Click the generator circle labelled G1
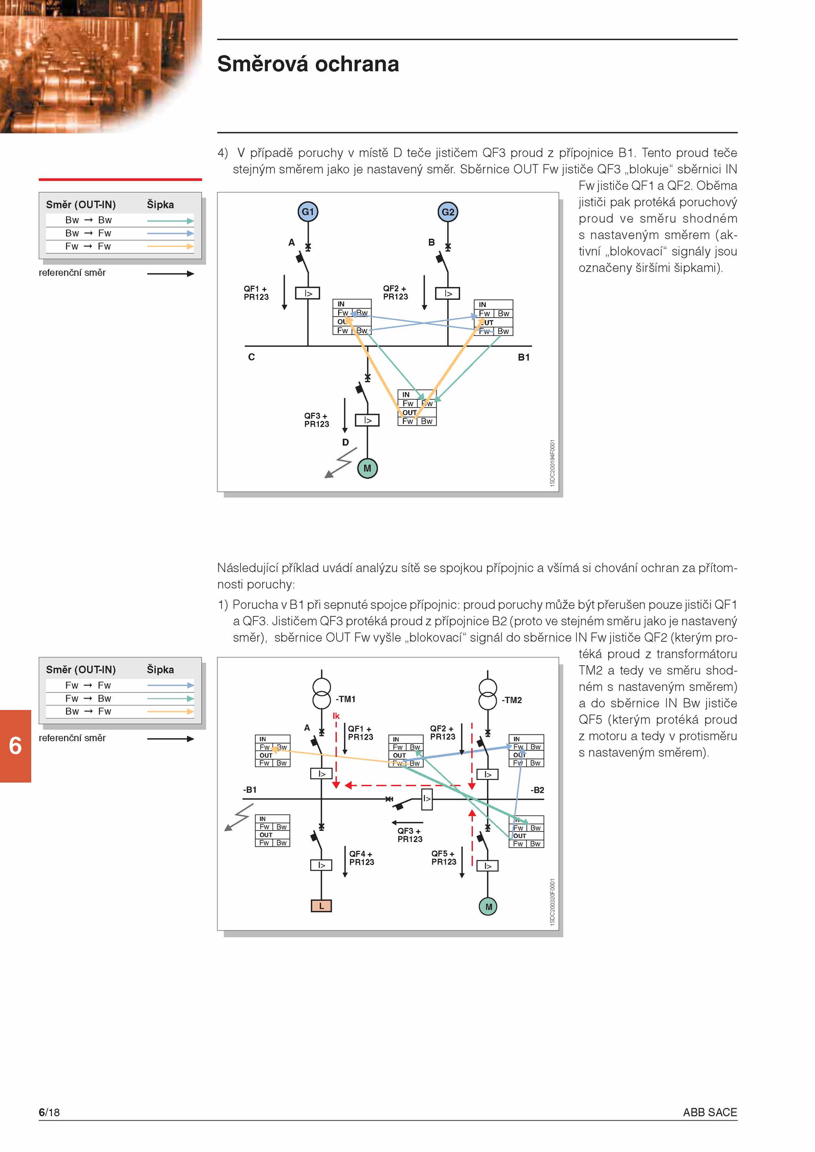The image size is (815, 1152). (308, 212)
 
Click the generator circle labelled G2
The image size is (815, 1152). (448, 212)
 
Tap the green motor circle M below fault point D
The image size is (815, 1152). (367, 468)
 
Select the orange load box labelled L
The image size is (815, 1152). (321, 906)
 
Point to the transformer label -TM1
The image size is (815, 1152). (345, 699)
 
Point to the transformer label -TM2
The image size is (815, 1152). (511, 700)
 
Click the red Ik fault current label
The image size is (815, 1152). (336, 716)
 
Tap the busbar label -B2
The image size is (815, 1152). (537, 790)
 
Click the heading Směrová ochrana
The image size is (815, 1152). (308, 64)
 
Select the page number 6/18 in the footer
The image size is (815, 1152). (49, 1112)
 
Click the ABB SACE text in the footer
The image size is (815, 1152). (710, 1112)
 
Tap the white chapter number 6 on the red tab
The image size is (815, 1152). (15, 746)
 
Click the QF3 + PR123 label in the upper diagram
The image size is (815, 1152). (317, 420)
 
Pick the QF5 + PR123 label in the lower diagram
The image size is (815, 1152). (444, 858)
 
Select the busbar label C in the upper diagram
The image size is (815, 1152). (251, 357)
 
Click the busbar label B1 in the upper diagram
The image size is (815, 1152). (524, 357)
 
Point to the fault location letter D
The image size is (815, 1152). (345, 442)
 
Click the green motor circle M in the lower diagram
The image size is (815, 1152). (488, 907)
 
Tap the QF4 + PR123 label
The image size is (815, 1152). (362, 858)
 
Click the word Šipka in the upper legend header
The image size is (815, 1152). (160, 205)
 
